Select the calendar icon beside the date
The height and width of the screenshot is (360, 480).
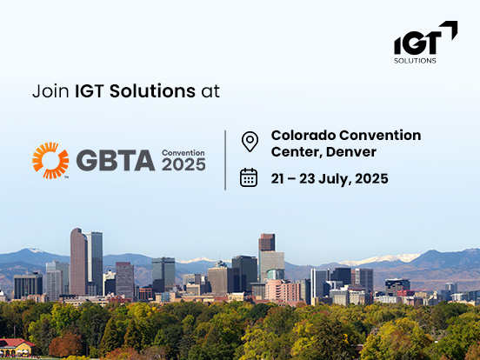click(x=249, y=177)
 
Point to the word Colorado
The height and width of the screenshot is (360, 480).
click(x=303, y=136)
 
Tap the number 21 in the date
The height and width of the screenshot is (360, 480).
click(x=277, y=179)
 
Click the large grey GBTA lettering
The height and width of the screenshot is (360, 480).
click(x=116, y=160)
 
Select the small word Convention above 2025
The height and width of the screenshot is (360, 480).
click(x=183, y=153)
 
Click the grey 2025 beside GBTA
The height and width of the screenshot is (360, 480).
click(x=183, y=164)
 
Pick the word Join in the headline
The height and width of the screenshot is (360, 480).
click(x=50, y=91)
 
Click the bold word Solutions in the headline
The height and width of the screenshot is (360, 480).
click(x=152, y=91)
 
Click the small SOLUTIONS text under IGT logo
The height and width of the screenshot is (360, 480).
click(x=415, y=61)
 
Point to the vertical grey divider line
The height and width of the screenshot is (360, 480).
click(x=225, y=160)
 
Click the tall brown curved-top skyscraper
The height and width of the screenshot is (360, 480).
click(x=78, y=261)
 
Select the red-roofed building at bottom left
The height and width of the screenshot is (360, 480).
click(x=16, y=348)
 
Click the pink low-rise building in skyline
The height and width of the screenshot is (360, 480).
click(x=283, y=290)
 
